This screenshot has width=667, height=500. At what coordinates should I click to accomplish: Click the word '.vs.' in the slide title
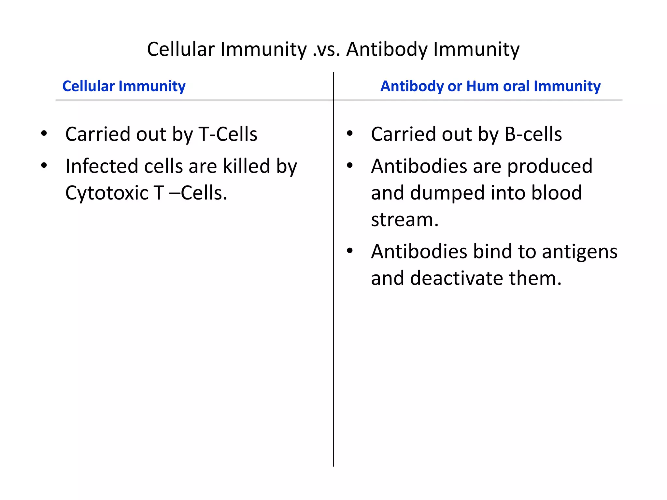pos(326,49)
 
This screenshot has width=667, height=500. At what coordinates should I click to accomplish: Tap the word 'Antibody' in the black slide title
pos(387,49)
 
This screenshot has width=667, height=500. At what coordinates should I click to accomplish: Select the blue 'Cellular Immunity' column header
pos(124,86)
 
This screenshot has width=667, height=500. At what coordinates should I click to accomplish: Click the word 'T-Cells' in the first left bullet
pos(228,134)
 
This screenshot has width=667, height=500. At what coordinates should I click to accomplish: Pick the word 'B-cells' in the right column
pos(533,134)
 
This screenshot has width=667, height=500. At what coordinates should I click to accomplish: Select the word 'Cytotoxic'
pos(107,193)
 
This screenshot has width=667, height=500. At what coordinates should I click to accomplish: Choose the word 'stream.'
pos(405,219)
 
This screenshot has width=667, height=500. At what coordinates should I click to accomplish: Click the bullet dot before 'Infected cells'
pos(44,165)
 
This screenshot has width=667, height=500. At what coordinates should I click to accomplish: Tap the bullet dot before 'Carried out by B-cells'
pos(350,133)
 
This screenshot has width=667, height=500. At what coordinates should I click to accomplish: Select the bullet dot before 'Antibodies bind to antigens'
pos(350,251)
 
